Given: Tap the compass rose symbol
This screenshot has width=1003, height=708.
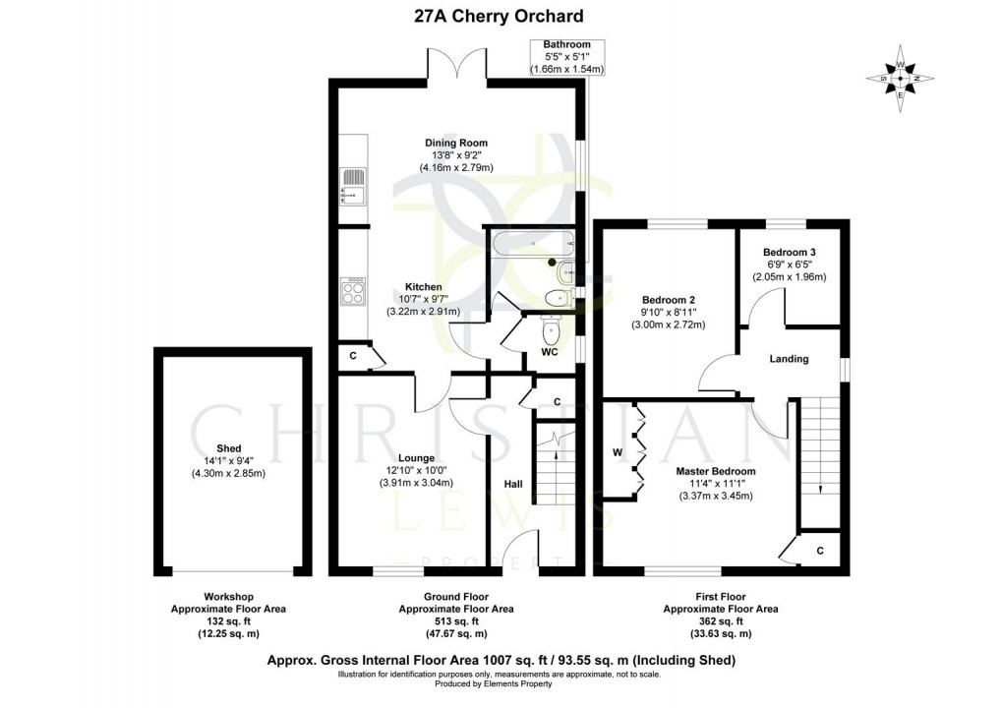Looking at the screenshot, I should (900, 79).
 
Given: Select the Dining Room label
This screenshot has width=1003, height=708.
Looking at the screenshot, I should (455, 143).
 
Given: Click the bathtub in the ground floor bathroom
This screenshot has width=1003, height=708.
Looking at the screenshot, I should (530, 243).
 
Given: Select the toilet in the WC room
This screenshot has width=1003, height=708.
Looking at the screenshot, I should (551, 329).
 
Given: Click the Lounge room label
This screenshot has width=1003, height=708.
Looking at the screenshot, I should (416, 458).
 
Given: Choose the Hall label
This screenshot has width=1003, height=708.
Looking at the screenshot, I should (513, 485).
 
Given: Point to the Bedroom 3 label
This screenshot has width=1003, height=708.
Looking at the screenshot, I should (789, 252).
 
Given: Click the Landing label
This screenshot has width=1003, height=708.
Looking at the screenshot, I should (789, 359).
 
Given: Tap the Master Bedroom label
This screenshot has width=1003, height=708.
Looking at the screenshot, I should (715, 471).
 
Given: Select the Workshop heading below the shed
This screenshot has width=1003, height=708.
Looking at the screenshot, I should (228, 597).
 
